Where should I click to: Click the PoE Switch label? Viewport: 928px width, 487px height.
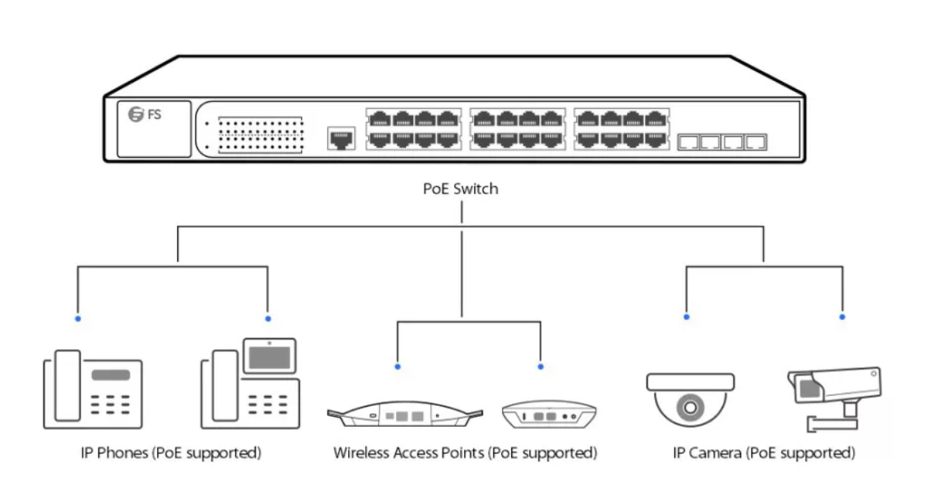tap(461, 189)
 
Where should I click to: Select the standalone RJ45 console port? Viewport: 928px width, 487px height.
tap(341, 138)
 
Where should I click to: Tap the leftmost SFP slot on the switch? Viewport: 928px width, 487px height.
tap(688, 142)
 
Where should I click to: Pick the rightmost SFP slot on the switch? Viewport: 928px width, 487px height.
tap(756, 142)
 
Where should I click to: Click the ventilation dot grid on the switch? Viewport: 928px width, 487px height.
tap(261, 135)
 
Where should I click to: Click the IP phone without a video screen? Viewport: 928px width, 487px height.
tap(94, 390)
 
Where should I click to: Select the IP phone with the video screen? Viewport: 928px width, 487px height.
tap(251, 383)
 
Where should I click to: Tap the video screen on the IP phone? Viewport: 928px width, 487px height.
tap(270, 356)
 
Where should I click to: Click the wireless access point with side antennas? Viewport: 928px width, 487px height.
tap(405, 414)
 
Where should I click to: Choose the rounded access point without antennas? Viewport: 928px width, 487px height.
tap(549, 414)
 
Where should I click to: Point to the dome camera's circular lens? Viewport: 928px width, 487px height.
tap(690, 407)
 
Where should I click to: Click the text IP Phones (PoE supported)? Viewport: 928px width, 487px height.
tap(171, 453)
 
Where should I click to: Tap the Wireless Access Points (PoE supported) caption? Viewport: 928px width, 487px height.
tap(466, 453)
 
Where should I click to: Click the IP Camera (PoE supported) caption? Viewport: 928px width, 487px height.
tap(764, 453)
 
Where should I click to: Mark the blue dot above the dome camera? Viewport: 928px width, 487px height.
tap(687, 317)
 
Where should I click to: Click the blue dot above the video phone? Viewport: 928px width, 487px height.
tap(268, 318)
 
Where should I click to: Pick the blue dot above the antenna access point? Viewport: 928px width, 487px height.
tap(397, 366)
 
